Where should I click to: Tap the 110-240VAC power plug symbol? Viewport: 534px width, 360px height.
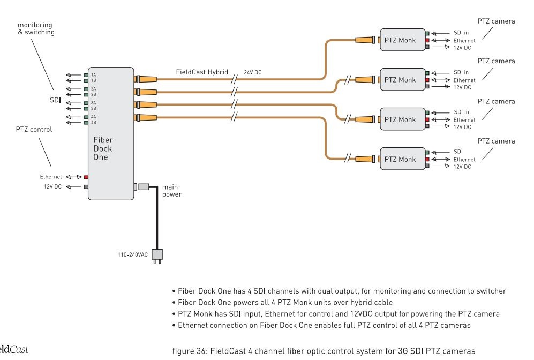tap(157, 255)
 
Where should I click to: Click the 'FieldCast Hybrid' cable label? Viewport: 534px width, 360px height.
tap(202, 71)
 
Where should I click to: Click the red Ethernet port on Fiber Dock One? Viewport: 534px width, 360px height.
tap(86, 176)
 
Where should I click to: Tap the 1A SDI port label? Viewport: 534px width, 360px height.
tap(93, 74)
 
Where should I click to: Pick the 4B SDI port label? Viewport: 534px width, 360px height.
tap(93, 123)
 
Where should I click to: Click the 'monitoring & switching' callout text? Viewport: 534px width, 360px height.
tap(36, 28)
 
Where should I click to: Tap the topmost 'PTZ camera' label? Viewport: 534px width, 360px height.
tap(496, 21)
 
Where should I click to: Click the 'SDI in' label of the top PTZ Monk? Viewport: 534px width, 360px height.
tap(461, 33)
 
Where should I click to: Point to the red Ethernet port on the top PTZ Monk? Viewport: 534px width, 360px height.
tap(427, 40)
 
